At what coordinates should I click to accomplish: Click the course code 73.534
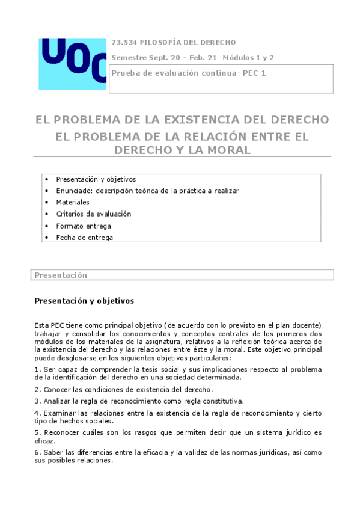124,42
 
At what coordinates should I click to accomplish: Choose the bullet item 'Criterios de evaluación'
93,214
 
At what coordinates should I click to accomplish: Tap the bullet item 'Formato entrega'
84,226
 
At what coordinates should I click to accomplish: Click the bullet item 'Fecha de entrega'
84,237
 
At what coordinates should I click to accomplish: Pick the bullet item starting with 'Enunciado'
147,191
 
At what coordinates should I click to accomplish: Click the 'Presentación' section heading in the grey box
61,275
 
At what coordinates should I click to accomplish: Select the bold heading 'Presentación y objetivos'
84,300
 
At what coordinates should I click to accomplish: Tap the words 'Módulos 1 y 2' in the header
249,58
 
